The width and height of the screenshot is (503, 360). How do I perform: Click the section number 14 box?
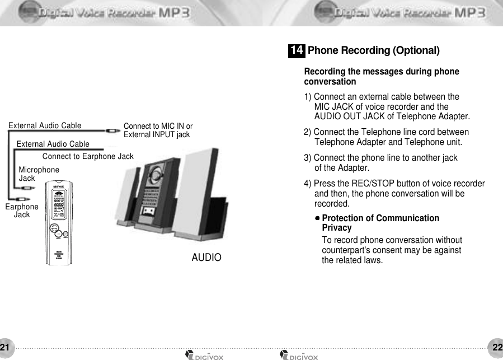297,51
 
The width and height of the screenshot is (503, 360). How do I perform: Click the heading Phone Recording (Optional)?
373,51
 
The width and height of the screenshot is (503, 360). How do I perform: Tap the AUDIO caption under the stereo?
206,258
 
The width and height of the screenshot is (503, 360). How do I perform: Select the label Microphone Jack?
39,174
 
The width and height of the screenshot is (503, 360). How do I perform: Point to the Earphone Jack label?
21,211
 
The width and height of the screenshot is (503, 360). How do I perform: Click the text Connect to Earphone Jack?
88,156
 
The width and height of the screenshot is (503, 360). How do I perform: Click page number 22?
497,347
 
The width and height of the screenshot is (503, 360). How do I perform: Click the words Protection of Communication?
380,218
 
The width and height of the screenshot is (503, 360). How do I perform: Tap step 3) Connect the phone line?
380,158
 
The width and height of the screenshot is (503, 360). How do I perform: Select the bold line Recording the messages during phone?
381,72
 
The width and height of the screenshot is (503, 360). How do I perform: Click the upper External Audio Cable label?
45,125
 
